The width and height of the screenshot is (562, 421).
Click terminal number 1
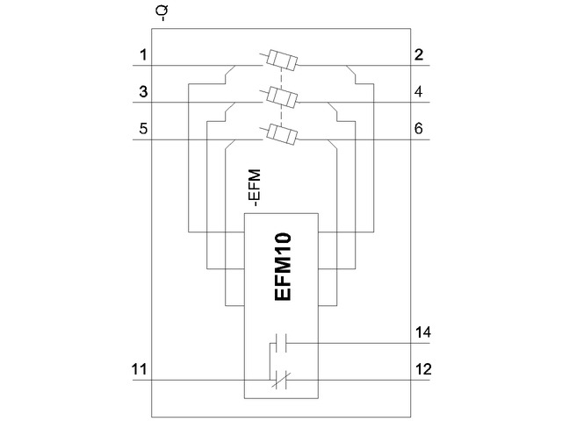pos(141,56)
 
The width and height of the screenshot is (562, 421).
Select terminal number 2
pos(419,56)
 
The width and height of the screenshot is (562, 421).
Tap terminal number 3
pos(141,91)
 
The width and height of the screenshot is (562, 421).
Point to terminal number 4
pos(419,91)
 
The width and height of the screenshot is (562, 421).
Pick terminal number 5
pos(141,128)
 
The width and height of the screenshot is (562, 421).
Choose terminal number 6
pos(419,128)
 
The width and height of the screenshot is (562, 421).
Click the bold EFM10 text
pos(283,267)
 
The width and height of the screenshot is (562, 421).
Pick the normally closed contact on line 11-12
pos(282,379)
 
